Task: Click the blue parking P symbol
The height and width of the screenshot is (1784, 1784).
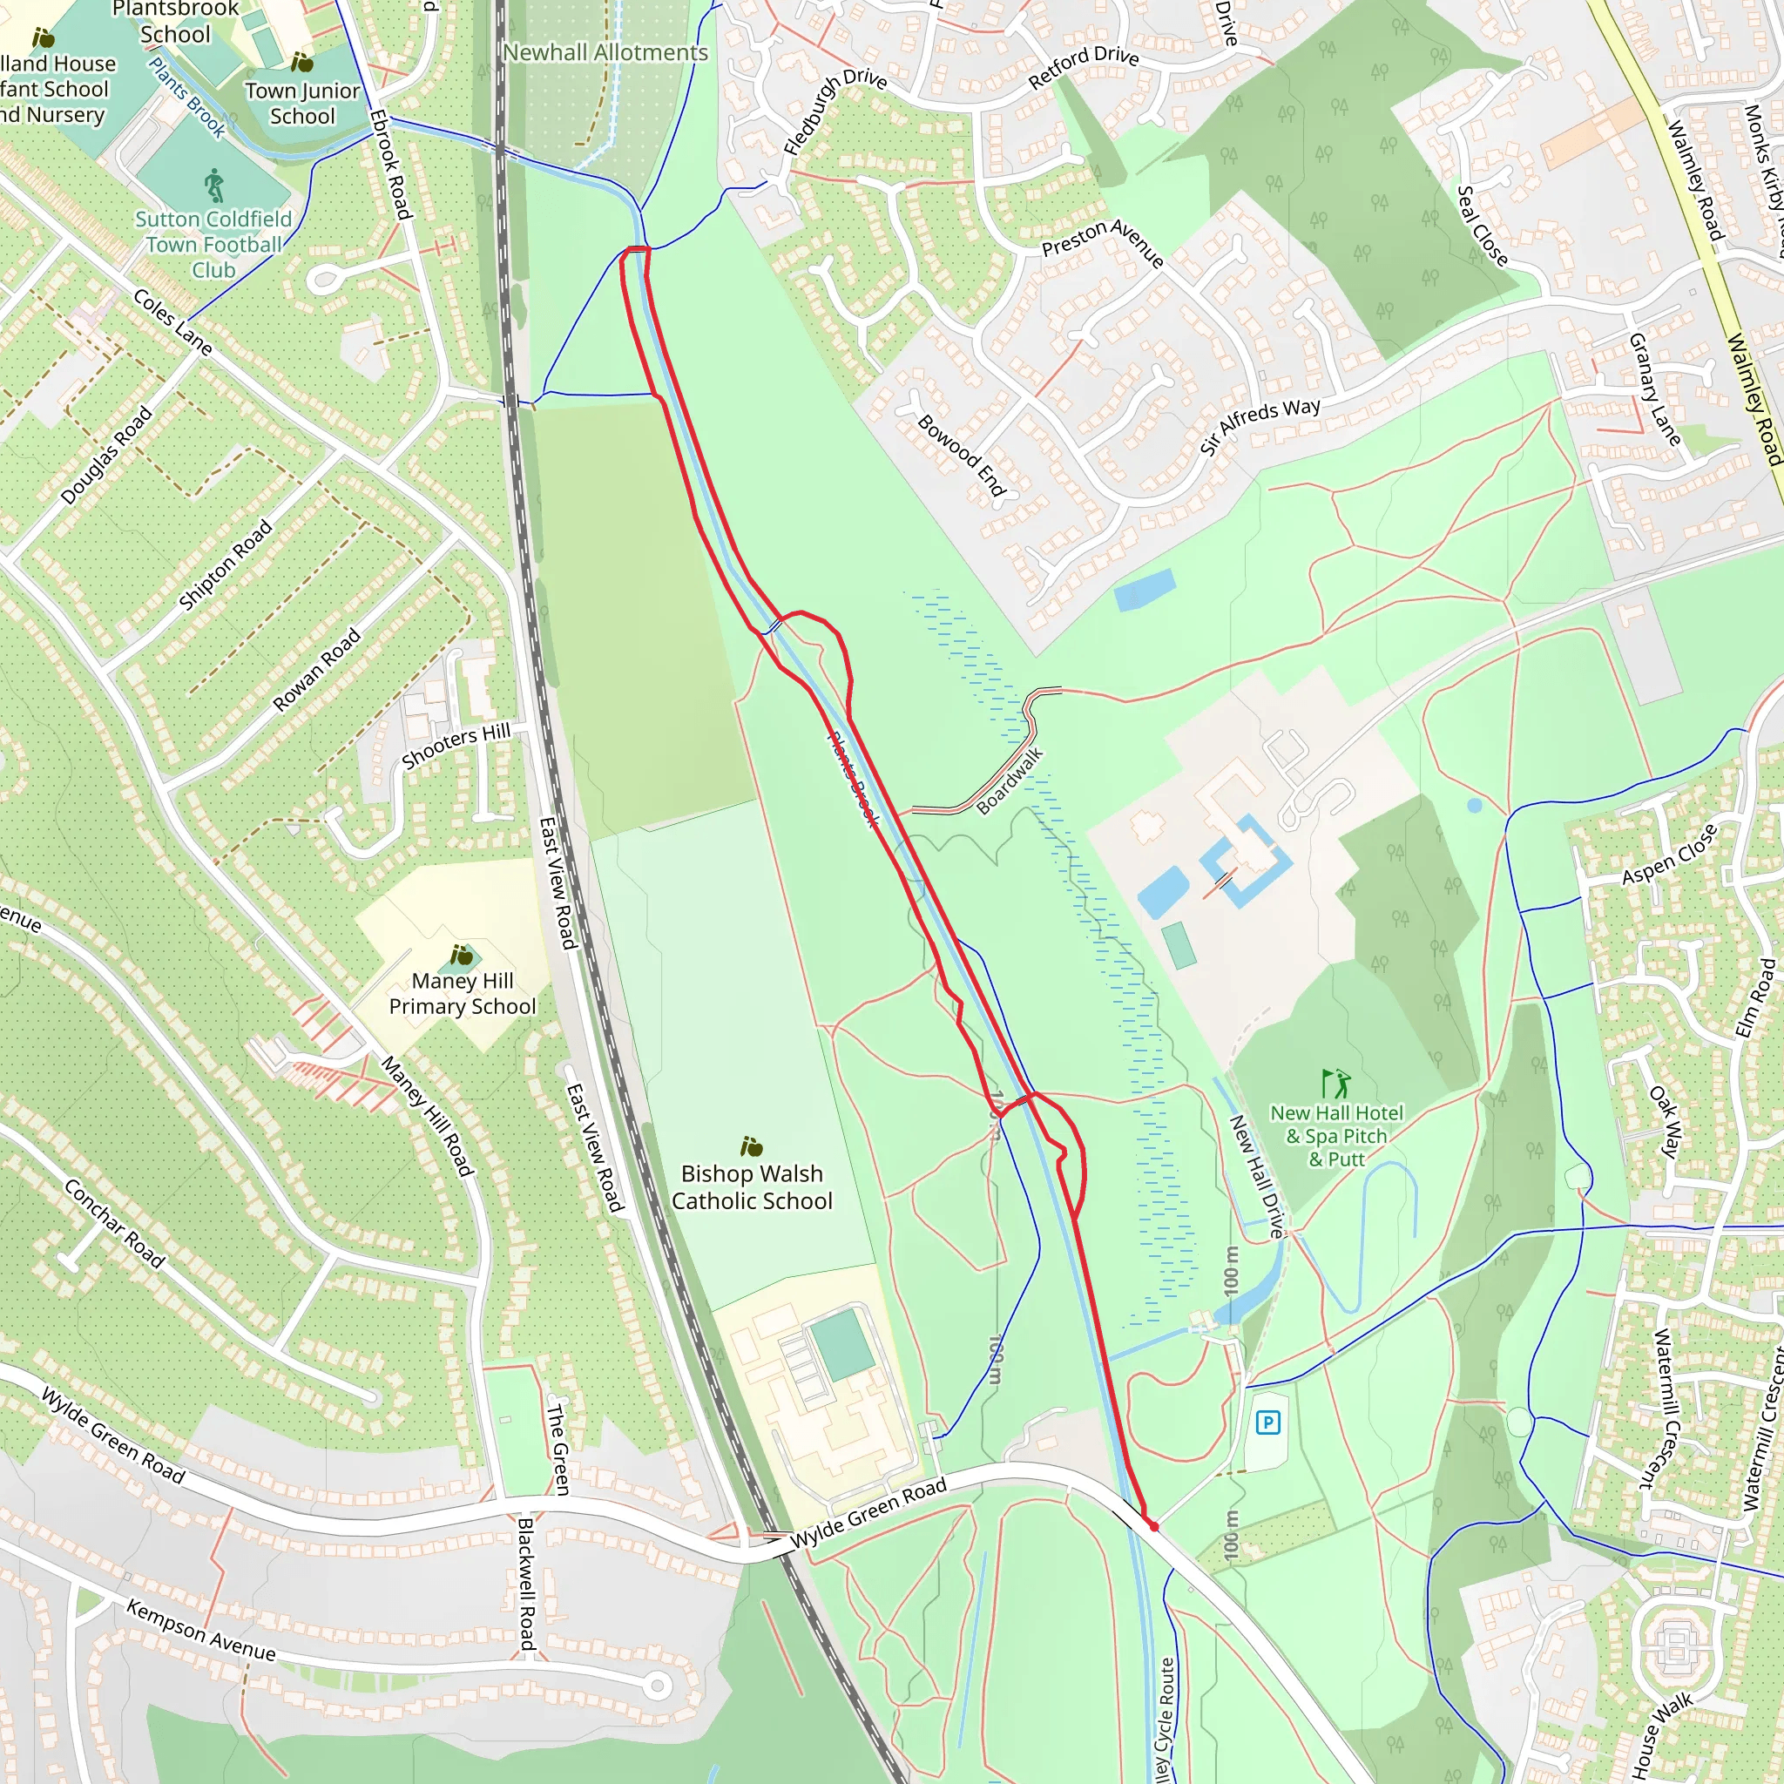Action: (x=1267, y=1422)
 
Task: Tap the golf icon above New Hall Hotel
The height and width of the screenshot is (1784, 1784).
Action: (x=1336, y=1082)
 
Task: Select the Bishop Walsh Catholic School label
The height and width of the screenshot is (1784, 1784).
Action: (x=752, y=1186)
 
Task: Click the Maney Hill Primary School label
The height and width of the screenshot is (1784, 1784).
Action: (x=462, y=994)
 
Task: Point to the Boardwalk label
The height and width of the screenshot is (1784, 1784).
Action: (x=1010, y=781)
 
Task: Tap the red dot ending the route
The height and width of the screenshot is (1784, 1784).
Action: (x=1153, y=1526)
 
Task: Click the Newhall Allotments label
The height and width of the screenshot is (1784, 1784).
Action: (x=605, y=52)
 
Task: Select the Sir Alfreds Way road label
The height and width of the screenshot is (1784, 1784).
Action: (x=1260, y=426)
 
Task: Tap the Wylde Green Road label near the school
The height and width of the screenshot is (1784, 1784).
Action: (x=868, y=1512)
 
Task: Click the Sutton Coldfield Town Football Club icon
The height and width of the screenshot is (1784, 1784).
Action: (x=214, y=186)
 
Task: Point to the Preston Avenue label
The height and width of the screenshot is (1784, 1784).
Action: (x=1103, y=243)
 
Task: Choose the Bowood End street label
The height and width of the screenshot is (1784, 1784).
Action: (x=962, y=456)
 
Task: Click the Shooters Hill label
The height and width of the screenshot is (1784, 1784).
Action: (x=456, y=747)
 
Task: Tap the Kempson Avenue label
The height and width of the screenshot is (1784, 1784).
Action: (x=200, y=1631)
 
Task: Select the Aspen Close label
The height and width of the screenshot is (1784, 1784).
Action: (x=1670, y=855)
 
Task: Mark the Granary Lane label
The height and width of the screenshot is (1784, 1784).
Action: (x=1654, y=389)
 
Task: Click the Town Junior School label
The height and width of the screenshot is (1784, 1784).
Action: (x=302, y=103)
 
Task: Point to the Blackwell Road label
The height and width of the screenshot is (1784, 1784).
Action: (x=526, y=1584)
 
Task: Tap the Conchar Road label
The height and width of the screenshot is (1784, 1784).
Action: (x=113, y=1224)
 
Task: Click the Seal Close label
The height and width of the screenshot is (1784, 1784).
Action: (x=1482, y=226)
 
